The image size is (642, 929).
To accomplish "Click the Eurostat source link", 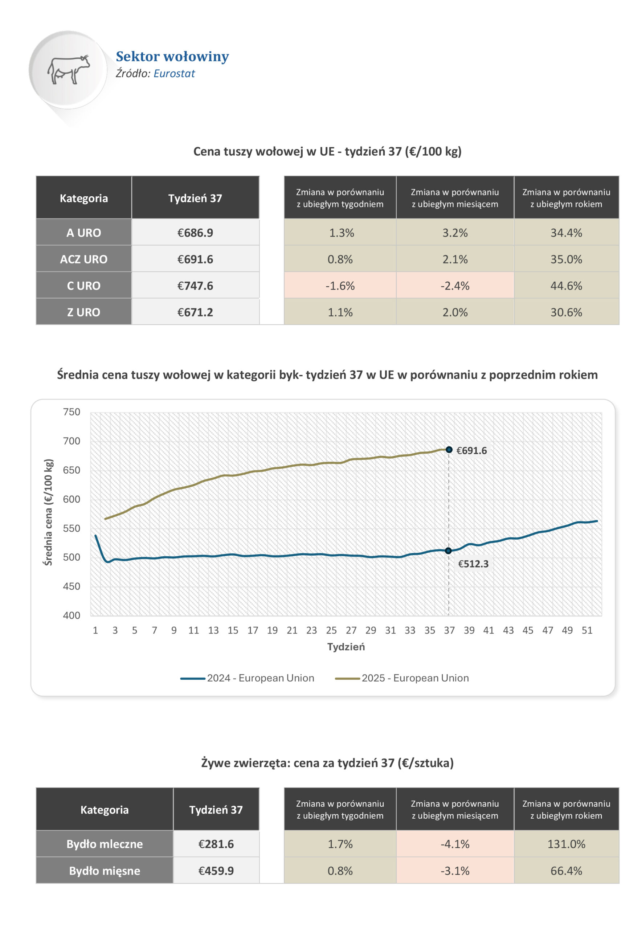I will pos(174,74).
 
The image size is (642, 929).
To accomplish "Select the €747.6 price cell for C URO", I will pos(195,286).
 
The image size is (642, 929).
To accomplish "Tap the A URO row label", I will pos(84,233).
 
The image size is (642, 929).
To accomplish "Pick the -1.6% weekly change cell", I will pos(340,286).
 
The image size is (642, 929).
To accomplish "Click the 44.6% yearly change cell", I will pos(566,286).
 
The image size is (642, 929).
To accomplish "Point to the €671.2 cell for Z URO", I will pos(195,312).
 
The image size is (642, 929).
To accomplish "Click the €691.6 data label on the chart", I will pos(471,450).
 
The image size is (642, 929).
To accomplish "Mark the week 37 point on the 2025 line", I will pos(449,450).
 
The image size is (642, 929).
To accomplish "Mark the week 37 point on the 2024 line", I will pos(449,551).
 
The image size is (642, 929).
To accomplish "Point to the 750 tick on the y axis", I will pos(71,412).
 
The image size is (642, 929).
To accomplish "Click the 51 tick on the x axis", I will pos(587,630).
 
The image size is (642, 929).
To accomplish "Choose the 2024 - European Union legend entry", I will pos(248,678).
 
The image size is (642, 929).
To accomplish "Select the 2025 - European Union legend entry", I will pos(402,678).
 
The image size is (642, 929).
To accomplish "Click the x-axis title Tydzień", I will pos(346,647).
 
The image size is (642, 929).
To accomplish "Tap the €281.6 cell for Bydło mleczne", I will pos(216,844).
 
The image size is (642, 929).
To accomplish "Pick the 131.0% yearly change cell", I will pos(566,844).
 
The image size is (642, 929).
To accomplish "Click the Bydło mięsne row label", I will pos(105,871).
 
